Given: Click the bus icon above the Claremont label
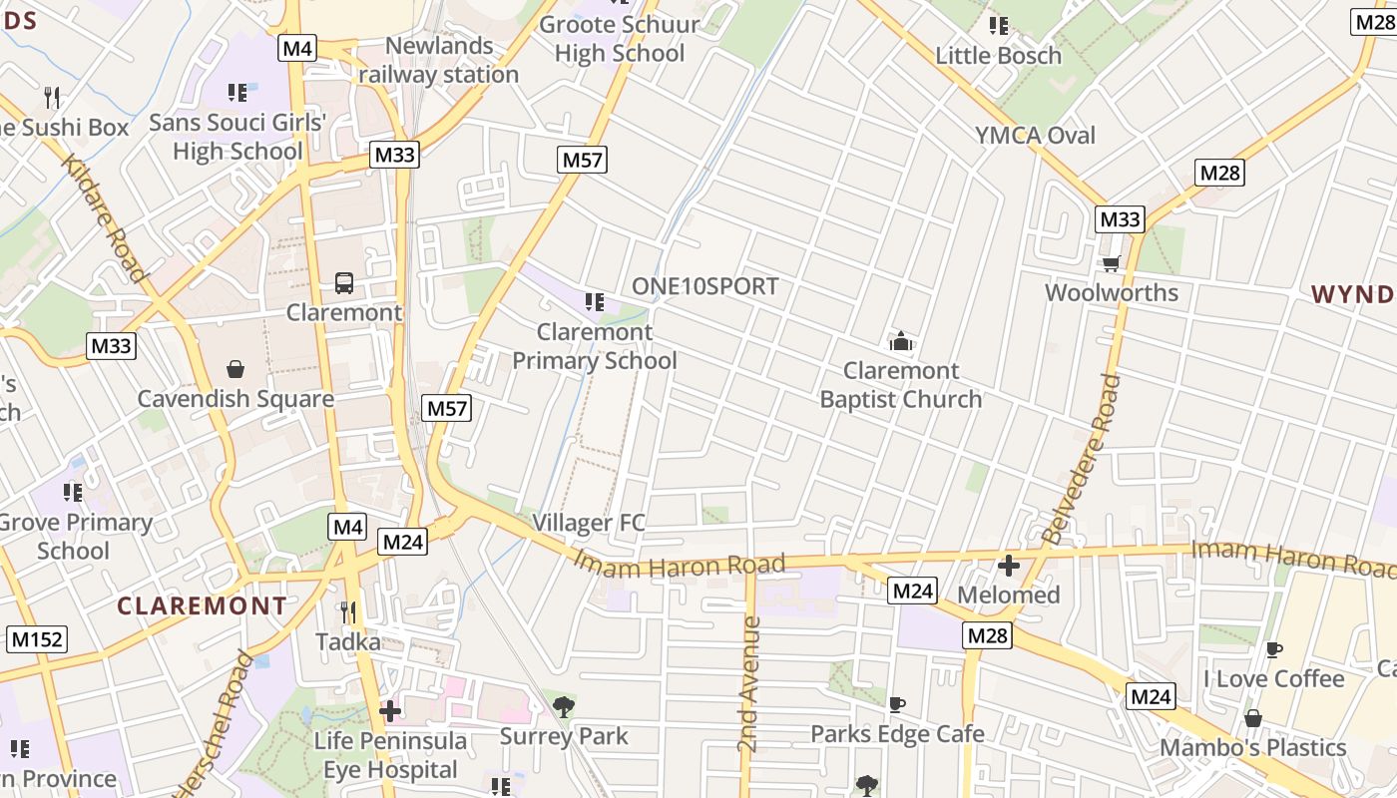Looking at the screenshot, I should click(344, 283).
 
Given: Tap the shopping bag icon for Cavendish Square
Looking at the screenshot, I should click(235, 370).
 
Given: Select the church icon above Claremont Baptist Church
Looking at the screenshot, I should click(901, 342).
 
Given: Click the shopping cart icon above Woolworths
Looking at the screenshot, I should click(1111, 263).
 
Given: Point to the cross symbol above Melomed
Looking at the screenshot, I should click(1009, 567).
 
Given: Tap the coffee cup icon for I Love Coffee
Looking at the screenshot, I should click(1273, 650).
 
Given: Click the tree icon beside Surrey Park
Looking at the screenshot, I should click(564, 707).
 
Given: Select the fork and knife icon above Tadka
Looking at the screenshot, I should click(348, 611).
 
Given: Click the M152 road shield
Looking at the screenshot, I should click(37, 639).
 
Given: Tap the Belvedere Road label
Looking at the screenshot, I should click(1081, 459).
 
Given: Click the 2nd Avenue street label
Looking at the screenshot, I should click(749, 684).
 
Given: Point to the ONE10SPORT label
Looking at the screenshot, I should click(705, 286).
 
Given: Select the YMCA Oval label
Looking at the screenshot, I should click(1035, 135).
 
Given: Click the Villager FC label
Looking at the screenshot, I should click(589, 522).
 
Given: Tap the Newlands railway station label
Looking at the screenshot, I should click(439, 60).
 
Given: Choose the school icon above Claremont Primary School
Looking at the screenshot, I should click(595, 302).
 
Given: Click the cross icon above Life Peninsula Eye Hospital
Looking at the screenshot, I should click(390, 711).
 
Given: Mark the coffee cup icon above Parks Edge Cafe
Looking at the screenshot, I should click(897, 705).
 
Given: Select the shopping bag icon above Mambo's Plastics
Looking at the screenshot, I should click(1253, 718).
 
